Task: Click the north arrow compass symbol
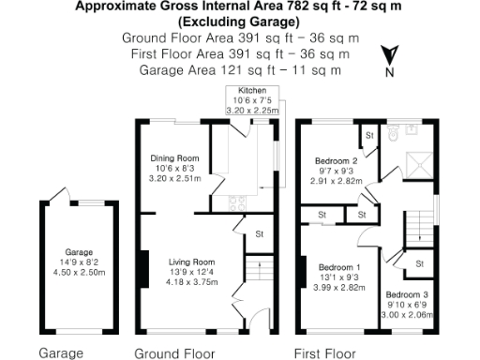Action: [x=389, y=59]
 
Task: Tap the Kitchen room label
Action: [x=240, y=91]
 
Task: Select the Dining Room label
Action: [x=176, y=157]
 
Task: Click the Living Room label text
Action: [x=191, y=262]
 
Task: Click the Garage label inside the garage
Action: [x=79, y=252]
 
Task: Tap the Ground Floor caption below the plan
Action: [x=175, y=353]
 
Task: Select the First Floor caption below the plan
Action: [x=324, y=353]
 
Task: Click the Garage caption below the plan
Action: [x=61, y=353]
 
